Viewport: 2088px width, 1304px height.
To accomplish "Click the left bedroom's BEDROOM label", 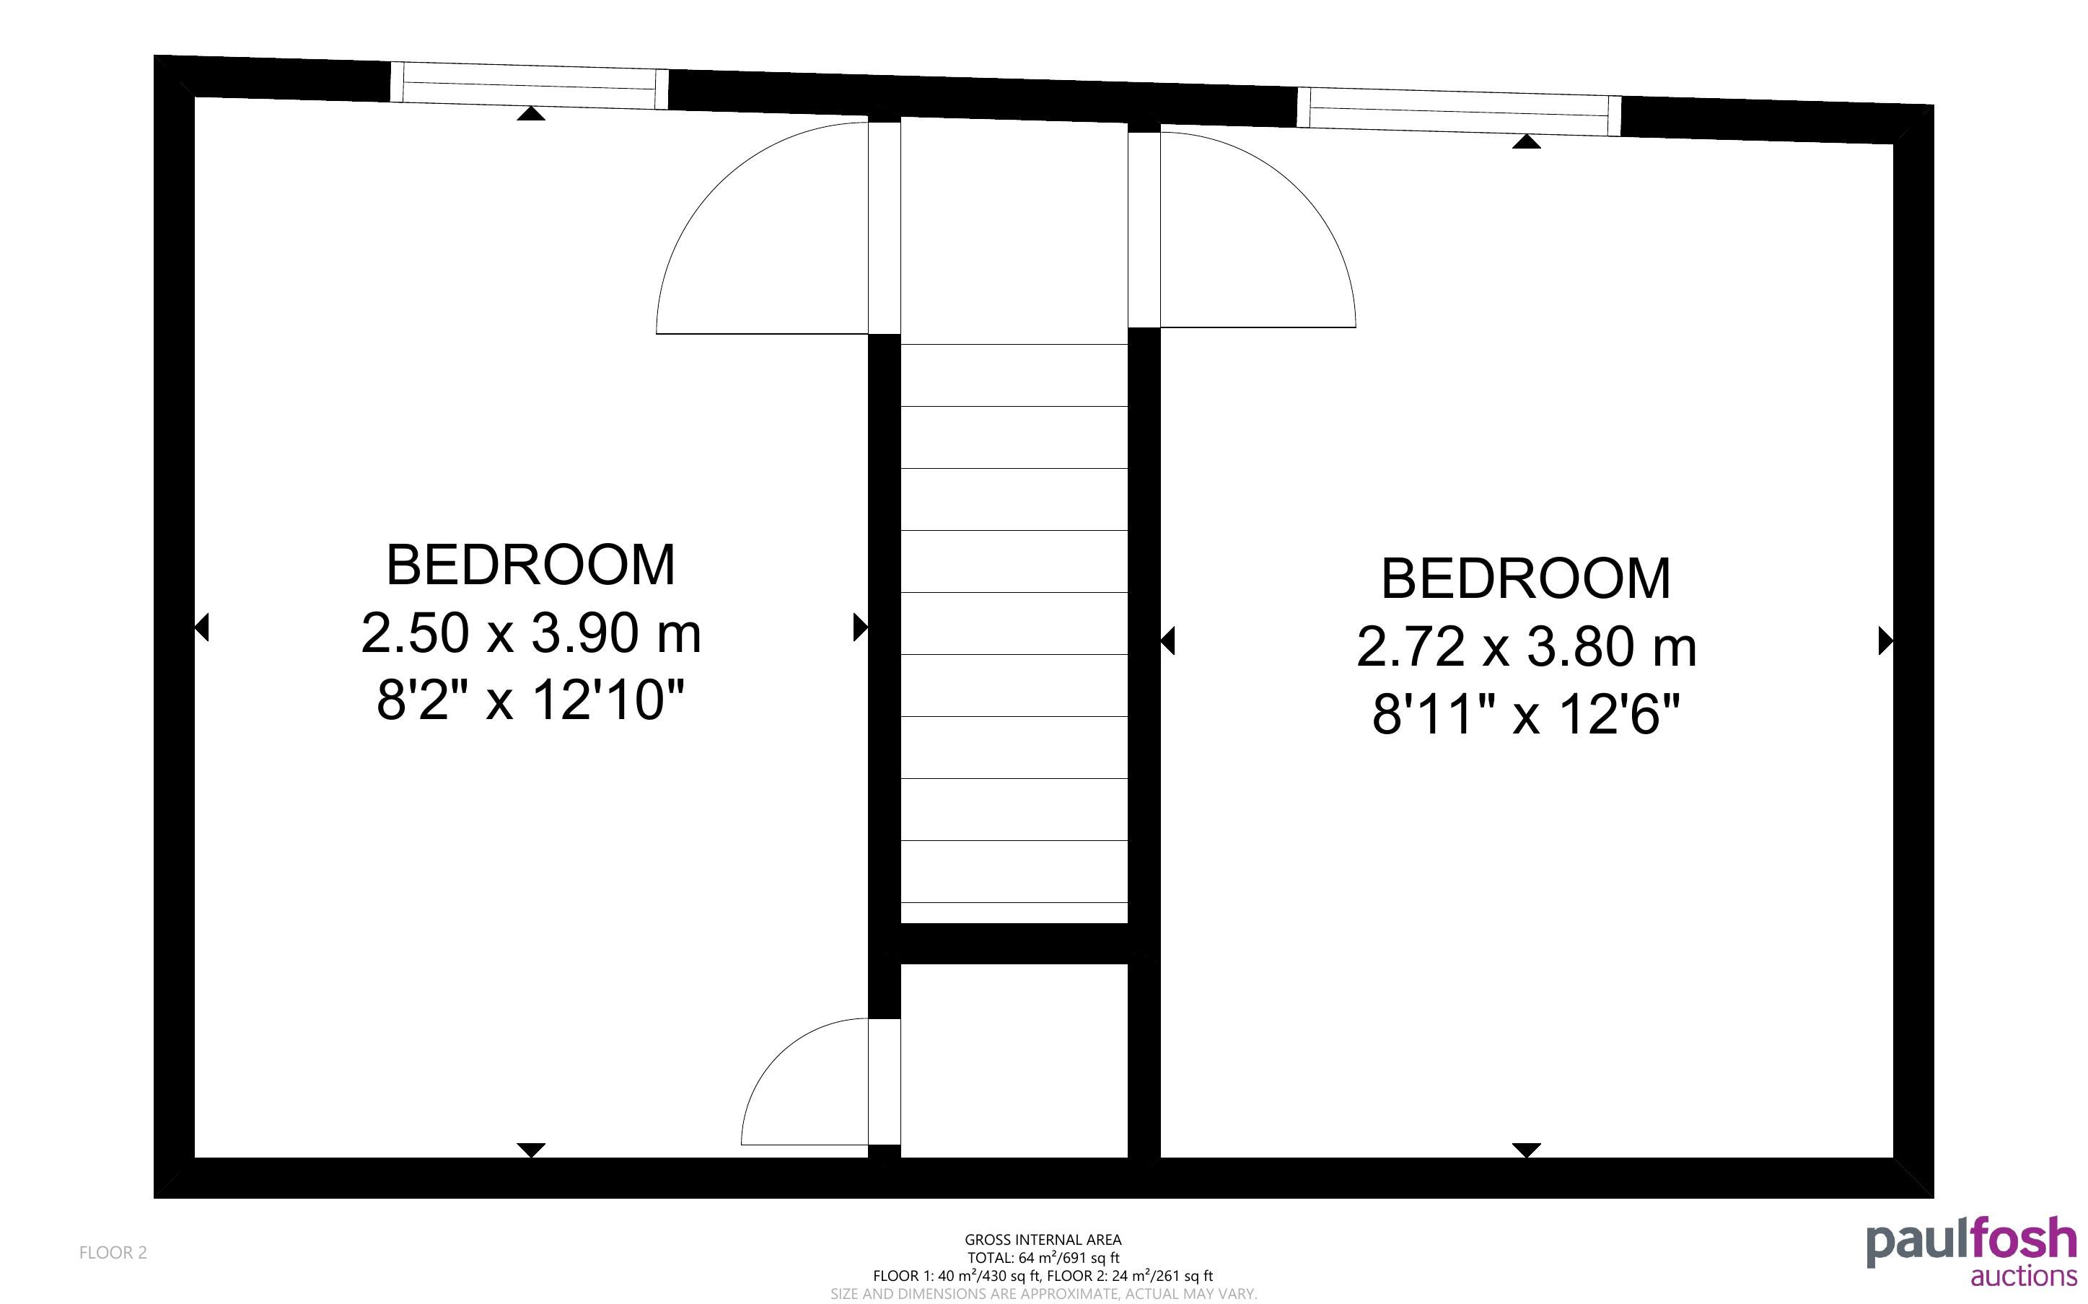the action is coord(530,565).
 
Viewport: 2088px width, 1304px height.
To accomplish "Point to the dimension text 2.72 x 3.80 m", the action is coord(1526,647).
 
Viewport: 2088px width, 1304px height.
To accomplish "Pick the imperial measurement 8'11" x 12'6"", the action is coord(1526,714).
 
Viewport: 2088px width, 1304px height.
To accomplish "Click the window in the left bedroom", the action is coord(530,85).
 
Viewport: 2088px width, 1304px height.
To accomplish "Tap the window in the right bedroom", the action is coord(1460,111).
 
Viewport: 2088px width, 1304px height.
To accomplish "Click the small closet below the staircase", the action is coord(1014,1060).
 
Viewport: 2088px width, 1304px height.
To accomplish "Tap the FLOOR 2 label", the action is coord(113,1252).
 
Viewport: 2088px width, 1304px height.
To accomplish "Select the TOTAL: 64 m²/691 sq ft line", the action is coord(1043,1257).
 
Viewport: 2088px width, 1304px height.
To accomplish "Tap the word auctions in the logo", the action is coord(2023,1277).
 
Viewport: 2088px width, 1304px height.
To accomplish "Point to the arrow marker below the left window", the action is coord(531,113).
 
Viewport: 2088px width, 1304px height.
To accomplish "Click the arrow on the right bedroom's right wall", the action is coord(1885,640).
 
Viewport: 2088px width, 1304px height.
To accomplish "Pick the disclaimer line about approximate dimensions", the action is coord(1043,1294).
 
